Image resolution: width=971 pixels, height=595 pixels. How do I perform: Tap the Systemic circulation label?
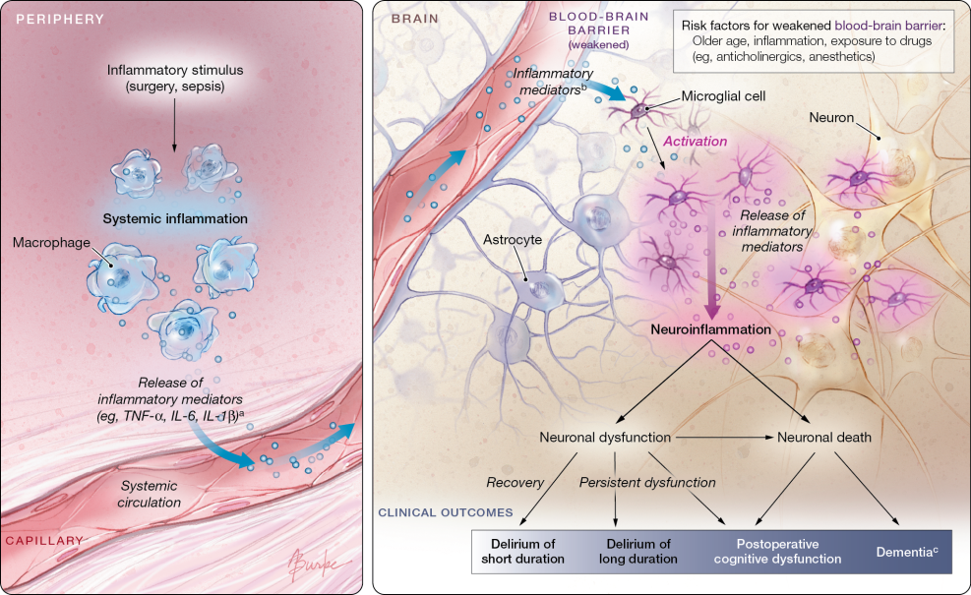(151, 495)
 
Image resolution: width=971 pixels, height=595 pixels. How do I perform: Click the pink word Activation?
(695, 142)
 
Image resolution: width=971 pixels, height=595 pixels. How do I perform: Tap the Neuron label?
(829, 117)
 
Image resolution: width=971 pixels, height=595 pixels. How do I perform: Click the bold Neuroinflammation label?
(710, 330)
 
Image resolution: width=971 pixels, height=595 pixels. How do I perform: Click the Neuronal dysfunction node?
(606, 438)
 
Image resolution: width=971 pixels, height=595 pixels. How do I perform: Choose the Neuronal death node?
(824, 438)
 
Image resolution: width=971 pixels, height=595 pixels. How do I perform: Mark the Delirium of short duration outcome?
(522, 551)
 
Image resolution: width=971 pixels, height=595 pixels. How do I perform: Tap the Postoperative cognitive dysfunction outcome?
(777, 551)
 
